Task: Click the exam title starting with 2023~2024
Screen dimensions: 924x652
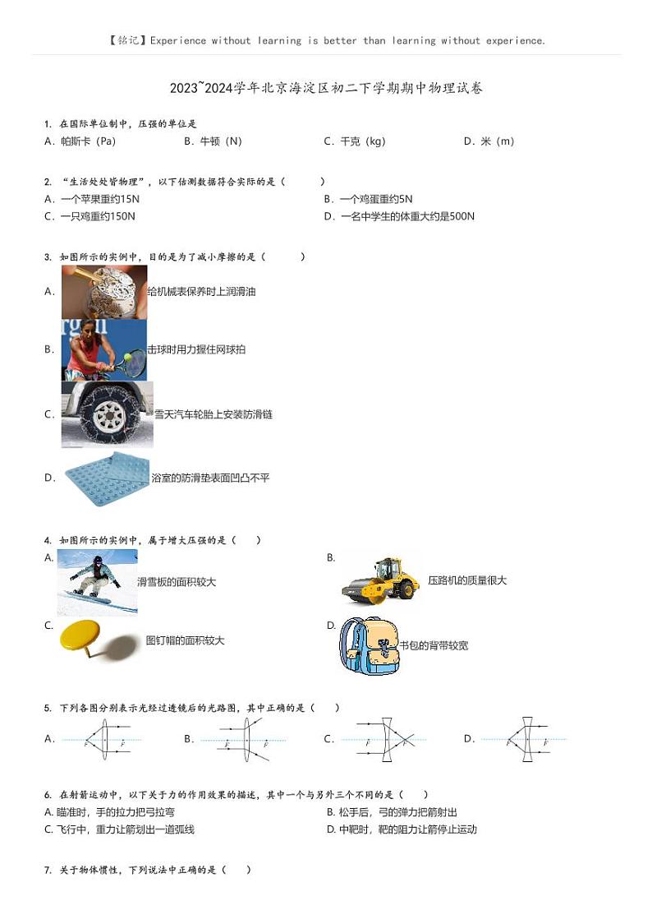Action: pyautogui.click(x=326, y=88)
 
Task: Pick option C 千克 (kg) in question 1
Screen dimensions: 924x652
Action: pyautogui.click(x=354, y=141)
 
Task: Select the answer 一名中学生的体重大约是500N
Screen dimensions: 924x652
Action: pyautogui.click(x=399, y=217)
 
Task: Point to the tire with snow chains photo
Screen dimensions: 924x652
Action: pyautogui.click(x=107, y=414)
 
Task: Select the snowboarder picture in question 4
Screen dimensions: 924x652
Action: pyautogui.click(x=97, y=583)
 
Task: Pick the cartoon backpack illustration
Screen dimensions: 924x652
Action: pyautogui.click(x=368, y=646)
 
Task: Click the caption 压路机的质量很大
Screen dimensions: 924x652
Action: pyautogui.click(x=467, y=580)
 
